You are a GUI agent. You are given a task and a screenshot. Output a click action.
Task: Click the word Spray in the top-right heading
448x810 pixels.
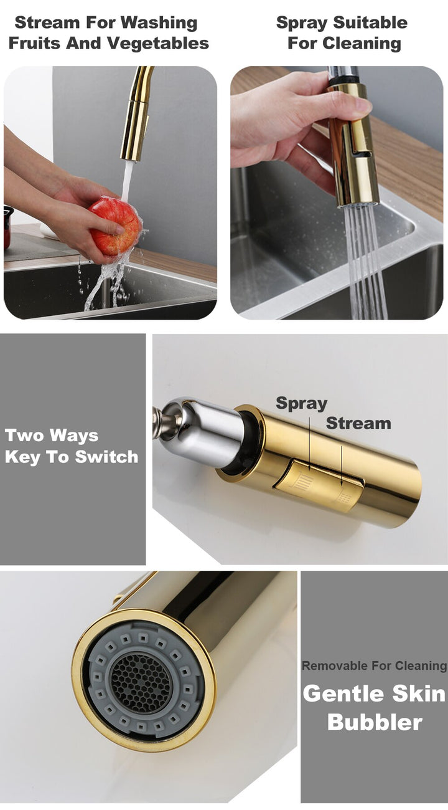(302, 23)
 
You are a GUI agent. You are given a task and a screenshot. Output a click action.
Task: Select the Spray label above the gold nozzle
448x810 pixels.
(301, 403)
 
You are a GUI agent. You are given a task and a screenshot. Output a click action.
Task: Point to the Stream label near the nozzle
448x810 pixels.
(358, 423)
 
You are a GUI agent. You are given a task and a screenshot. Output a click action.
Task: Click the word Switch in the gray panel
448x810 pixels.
(106, 457)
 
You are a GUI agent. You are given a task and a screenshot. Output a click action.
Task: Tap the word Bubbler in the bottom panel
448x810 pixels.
(375, 722)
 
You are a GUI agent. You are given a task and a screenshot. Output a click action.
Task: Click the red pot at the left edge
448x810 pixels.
(8, 227)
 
